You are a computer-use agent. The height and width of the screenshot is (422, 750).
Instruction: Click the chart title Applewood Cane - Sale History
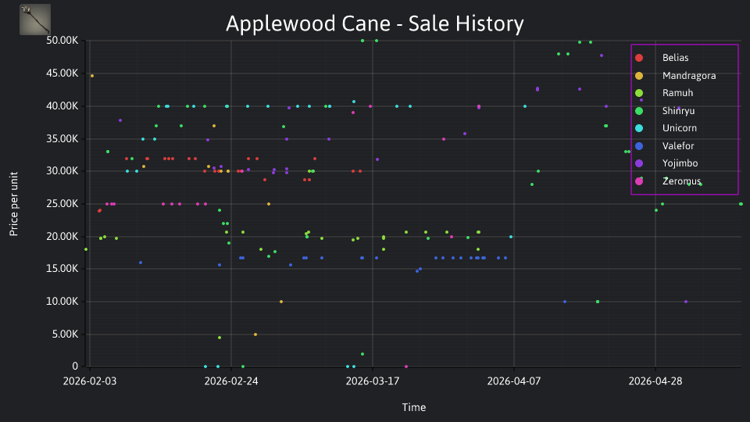coord(374,23)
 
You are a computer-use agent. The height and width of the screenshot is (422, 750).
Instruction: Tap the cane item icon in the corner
coord(35,20)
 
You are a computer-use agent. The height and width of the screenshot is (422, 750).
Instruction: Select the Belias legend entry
coord(675,58)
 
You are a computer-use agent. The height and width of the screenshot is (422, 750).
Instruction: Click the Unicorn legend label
coord(679,128)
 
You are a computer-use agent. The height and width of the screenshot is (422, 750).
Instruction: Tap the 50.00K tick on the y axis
coord(62,41)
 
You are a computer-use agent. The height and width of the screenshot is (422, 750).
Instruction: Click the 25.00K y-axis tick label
coord(62,204)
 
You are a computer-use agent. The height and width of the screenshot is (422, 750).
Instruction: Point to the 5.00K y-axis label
coord(65,334)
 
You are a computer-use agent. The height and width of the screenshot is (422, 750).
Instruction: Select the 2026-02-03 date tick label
coord(89,381)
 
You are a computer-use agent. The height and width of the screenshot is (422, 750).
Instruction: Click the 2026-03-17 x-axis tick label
coord(373,381)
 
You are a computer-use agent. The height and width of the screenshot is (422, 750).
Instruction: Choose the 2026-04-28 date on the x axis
coord(655,381)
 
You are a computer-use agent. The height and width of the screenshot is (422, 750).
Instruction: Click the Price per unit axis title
coord(14,204)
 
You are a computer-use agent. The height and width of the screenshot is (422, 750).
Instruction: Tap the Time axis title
coord(414,407)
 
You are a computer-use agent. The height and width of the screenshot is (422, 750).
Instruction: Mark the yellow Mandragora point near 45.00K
coord(92,76)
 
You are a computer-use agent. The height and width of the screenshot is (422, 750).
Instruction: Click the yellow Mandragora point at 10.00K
coord(281,302)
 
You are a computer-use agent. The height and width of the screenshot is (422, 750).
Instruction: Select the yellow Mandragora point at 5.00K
coord(255,334)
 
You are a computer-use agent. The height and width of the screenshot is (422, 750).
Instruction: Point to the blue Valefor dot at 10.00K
coord(565,302)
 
